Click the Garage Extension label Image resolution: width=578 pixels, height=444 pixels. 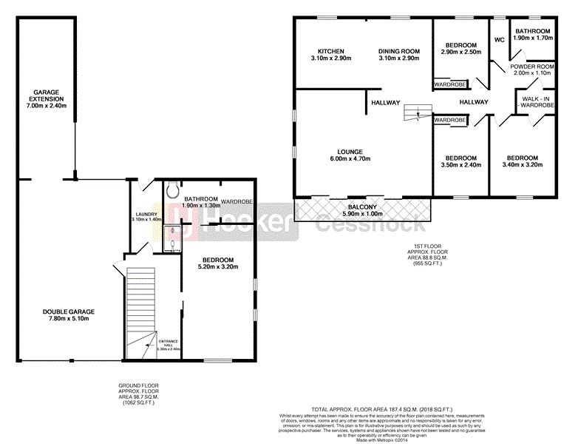coord(47,98)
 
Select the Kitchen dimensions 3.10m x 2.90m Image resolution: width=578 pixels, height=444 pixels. coord(327,58)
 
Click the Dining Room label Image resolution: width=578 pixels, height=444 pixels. coord(399,51)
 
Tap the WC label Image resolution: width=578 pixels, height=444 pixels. coord(498,39)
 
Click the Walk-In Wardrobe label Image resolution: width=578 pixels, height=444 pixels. coord(537,102)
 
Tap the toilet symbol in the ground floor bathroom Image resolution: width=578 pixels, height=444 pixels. coord(174,190)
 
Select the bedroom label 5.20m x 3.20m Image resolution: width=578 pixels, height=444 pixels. coord(218,263)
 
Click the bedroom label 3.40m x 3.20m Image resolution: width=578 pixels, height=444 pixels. coord(522,161)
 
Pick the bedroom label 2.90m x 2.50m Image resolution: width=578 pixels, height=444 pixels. coord(461,48)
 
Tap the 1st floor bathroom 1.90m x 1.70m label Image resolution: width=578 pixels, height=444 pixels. coord(533,34)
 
